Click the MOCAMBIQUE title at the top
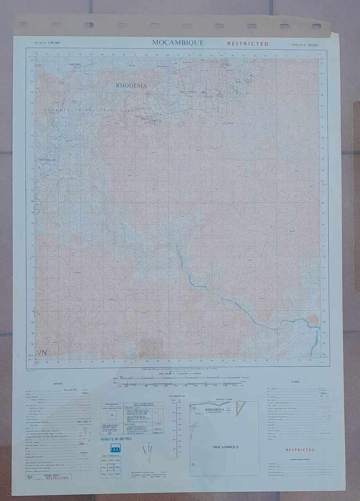[x=177, y=43]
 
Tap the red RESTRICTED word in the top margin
[x=248, y=43]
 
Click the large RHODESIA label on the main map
[x=132, y=85]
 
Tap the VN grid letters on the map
[x=42, y=353]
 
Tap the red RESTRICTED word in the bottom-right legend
[x=300, y=450]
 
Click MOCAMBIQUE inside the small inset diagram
[x=226, y=447]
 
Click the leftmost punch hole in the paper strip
[x=23, y=24]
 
